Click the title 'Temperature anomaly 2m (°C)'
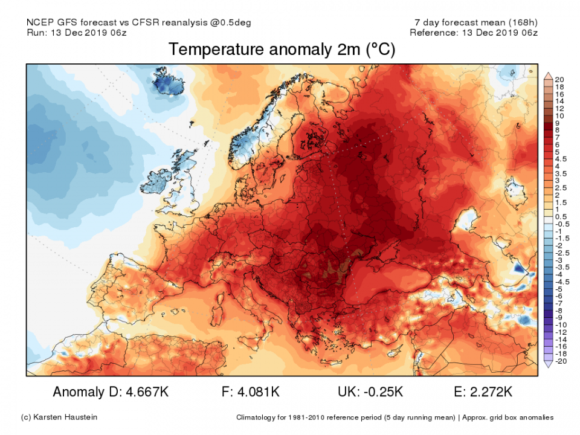282,50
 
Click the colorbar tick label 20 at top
559,80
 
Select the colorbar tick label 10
559,115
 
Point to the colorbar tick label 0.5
561,216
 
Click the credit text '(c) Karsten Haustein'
59,417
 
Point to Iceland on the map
164,83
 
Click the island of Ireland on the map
161,179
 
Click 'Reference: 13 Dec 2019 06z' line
474,33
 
